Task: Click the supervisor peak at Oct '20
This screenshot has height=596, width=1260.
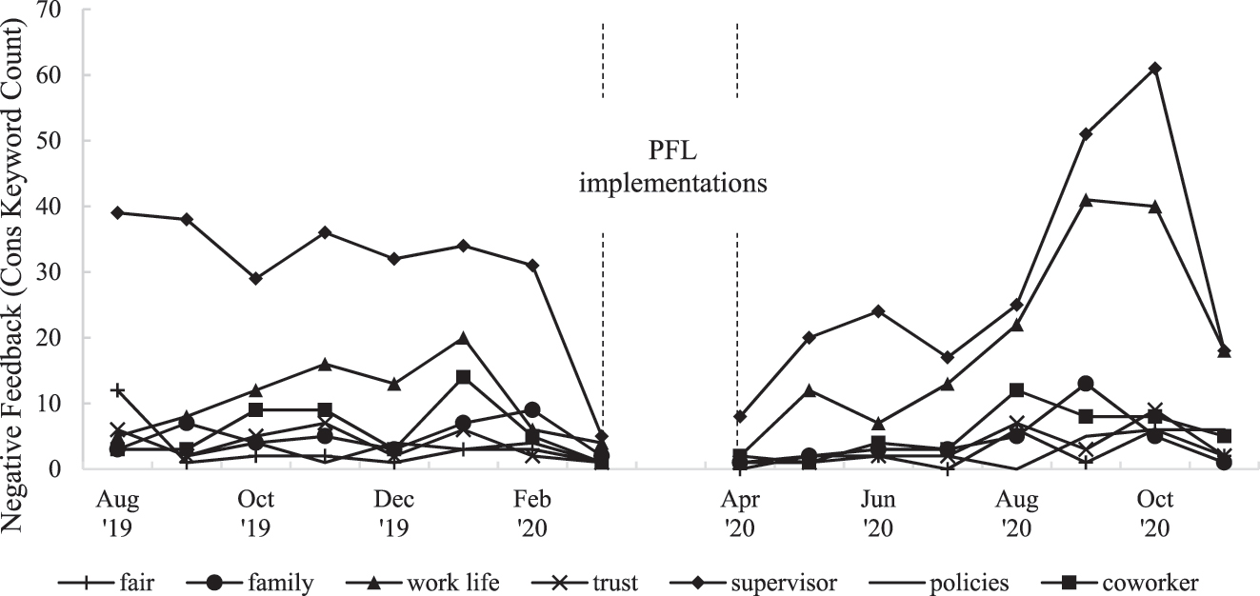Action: (x=1154, y=69)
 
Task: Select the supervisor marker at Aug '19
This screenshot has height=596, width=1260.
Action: (x=117, y=212)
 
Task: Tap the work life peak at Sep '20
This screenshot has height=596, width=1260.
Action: (x=1086, y=200)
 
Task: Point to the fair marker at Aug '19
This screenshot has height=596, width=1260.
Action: (x=117, y=390)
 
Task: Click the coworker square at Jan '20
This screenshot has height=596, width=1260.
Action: (x=463, y=377)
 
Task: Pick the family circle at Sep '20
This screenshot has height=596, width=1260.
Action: (x=1086, y=384)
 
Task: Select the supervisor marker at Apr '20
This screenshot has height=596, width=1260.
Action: (x=739, y=416)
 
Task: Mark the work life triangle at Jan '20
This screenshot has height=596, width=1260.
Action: (x=463, y=338)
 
